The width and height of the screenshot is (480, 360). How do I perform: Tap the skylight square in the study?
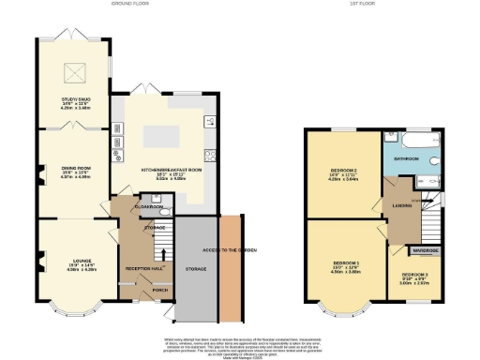click(72, 71)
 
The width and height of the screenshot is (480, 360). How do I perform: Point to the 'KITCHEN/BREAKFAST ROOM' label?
click(164, 168)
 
